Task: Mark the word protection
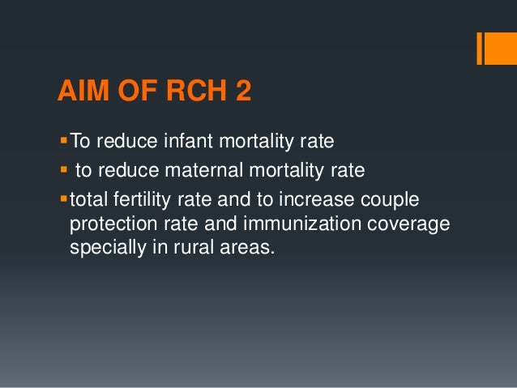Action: click(x=111, y=223)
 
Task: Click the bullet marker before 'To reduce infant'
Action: click(x=63, y=143)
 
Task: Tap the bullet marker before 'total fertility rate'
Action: click(x=63, y=197)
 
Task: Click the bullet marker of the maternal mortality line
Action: click(x=63, y=170)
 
